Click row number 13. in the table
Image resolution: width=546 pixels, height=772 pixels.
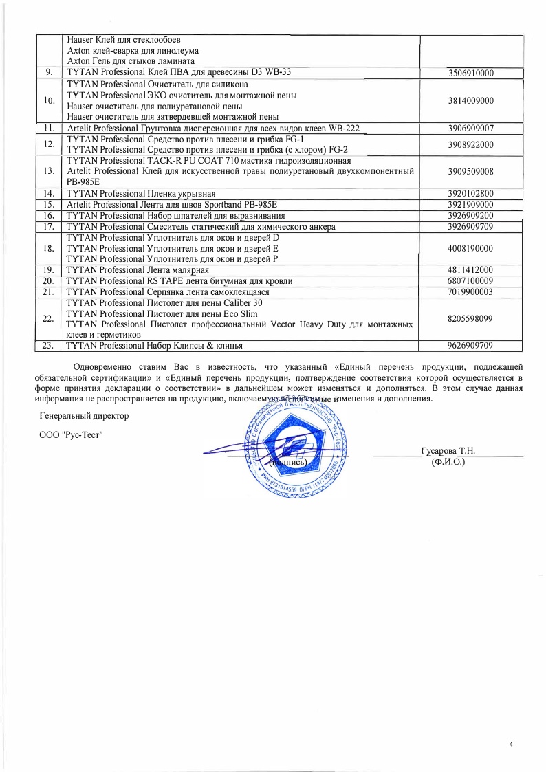pyautogui.click(x=49, y=170)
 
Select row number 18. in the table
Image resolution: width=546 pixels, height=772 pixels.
pyautogui.click(x=49, y=247)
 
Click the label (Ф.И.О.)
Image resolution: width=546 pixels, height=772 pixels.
pyautogui.click(x=448, y=463)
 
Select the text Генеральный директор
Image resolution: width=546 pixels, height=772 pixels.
pyautogui.click(x=84, y=416)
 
